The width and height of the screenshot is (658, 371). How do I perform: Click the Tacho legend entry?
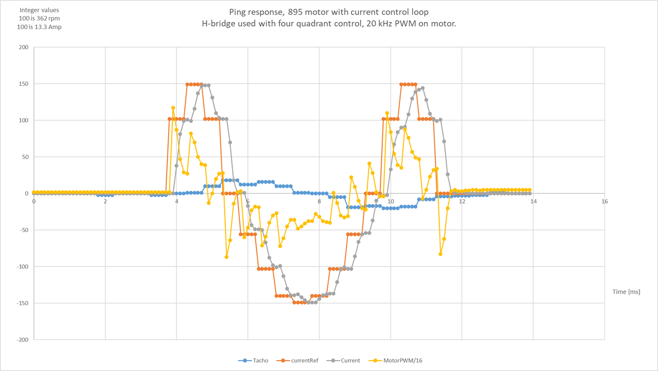tap(259, 360)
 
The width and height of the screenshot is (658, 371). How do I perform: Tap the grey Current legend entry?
tap(350, 360)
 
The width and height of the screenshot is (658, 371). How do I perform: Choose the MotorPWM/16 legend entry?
tap(399, 360)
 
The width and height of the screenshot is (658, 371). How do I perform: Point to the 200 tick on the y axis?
tap(24, 47)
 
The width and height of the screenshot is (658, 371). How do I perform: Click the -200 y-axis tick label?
tap(23, 340)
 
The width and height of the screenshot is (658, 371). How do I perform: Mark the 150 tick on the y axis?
tap(24, 84)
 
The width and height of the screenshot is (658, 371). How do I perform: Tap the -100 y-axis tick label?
tap(23, 267)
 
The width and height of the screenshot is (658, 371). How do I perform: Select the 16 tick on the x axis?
tap(605, 201)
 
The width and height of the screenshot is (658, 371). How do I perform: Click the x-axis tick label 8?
tap(319, 201)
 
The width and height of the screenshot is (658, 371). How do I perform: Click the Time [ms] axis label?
tap(626, 292)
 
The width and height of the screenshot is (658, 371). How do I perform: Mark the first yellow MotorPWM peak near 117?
tap(173, 108)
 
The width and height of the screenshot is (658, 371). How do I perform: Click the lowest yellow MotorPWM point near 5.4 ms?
tap(226, 257)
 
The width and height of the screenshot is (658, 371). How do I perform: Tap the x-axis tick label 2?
tap(105, 201)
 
